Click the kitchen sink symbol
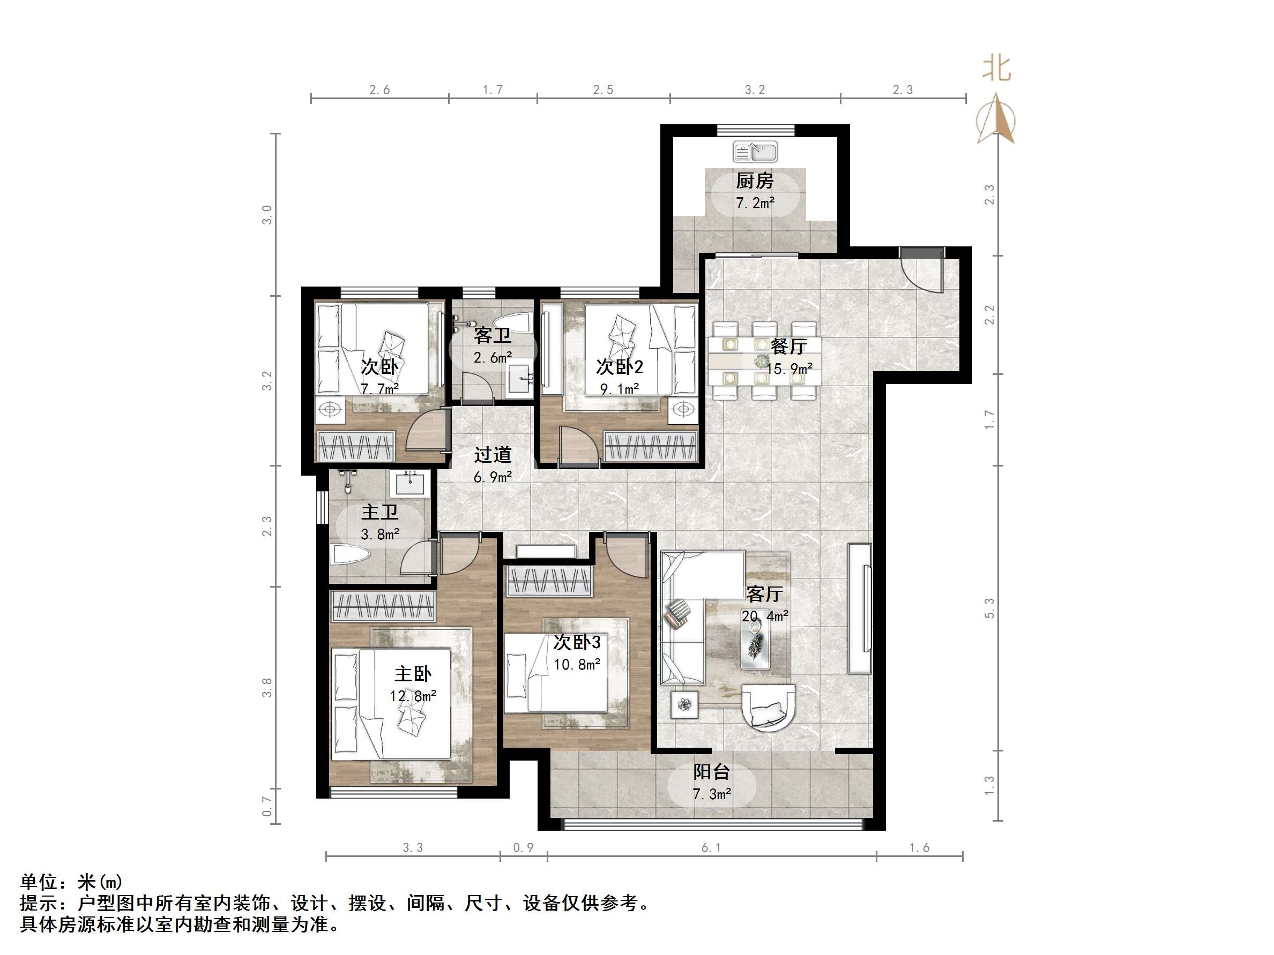[755, 153]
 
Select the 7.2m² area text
[755, 202]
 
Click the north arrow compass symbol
[996, 120]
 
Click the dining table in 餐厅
[764, 360]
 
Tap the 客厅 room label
[764, 593]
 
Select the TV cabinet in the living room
[859, 608]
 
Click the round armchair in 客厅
[768, 707]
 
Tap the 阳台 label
[711, 772]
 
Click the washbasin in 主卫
[410, 484]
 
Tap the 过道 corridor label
[493, 455]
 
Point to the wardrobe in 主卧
[384, 606]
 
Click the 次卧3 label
[577, 642]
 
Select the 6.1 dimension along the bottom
[711, 847]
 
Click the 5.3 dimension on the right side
[989, 608]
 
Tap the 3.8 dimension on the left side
[267, 687]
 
